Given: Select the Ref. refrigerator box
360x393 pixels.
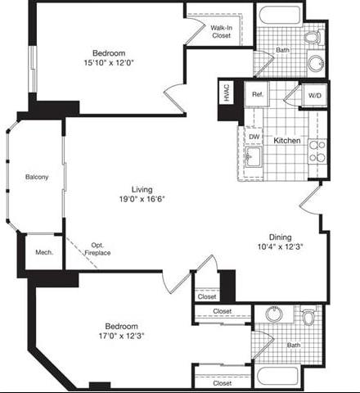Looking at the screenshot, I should tap(256, 95).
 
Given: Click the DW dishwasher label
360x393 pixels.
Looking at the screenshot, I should tap(254, 137).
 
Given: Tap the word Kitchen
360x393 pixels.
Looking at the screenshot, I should tap(286, 141).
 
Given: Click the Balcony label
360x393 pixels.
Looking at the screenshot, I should tap(36, 177).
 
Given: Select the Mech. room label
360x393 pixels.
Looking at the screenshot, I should tap(43, 252).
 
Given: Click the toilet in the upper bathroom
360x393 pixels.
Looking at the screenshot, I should tap(312, 37).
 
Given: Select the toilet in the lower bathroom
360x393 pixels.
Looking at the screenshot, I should tap(308, 316).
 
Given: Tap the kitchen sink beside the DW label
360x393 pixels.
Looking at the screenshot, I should tap(254, 156).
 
